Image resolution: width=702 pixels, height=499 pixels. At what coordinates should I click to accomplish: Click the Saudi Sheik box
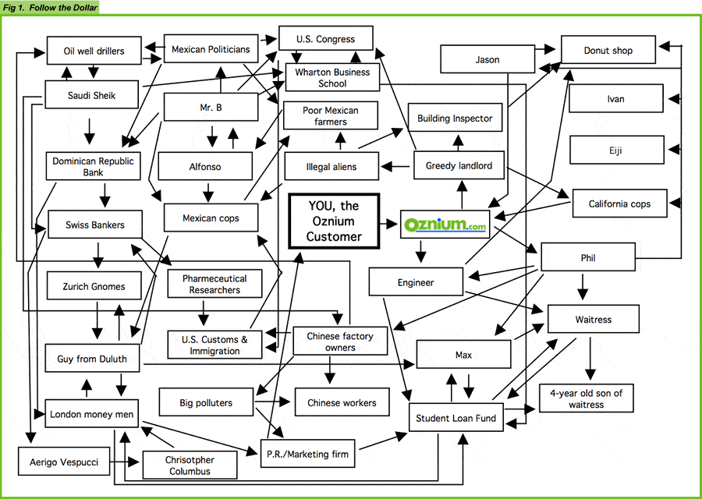(92, 94)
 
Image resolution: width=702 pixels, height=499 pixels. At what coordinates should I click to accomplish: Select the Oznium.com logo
(445, 225)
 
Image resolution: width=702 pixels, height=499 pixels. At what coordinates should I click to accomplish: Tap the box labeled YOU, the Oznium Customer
(334, 221)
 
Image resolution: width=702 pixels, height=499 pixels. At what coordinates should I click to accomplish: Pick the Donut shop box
(608, 50)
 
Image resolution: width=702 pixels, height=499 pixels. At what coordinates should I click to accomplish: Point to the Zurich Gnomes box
(94, 286)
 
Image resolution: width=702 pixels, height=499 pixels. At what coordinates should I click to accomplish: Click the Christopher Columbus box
(190, 465)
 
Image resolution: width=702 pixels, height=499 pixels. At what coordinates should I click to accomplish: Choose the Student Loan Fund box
(456, 418)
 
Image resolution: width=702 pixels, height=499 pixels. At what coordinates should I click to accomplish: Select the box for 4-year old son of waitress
(586, 398)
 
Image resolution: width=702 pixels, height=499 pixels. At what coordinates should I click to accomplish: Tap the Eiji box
(616, 150)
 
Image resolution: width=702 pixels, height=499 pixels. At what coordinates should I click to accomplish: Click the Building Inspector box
(455, 117)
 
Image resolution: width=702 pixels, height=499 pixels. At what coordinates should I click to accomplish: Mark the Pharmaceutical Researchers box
(214, 284)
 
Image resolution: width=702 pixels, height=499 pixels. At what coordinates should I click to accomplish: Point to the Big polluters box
(206, 402)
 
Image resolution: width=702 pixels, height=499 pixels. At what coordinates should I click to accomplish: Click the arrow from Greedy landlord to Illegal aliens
(395, 167)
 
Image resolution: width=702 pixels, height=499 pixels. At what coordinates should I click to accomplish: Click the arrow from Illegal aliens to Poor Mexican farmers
(341, 140)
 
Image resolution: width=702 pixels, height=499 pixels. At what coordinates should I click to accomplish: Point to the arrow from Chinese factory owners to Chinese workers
(330, 370)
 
